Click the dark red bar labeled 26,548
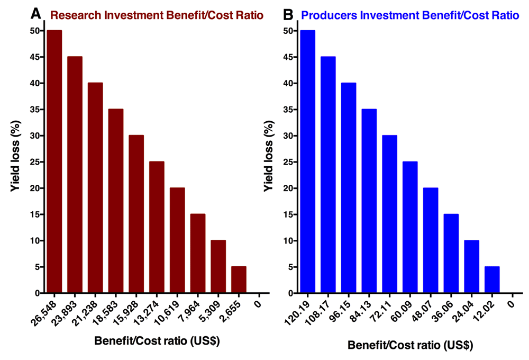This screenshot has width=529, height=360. (54, 161)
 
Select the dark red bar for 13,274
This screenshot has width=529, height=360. (157, 227)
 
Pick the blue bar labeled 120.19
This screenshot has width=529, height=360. (307, 161)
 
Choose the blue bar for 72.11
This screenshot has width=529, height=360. (389, 214)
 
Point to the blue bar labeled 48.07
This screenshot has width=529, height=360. (431, 240)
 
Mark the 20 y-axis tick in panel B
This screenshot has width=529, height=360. (286, 188)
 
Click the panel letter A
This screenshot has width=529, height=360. (35, 13)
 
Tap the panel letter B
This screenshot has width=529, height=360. (289, 13)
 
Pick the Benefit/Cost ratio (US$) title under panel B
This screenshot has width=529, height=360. (410, 345)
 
